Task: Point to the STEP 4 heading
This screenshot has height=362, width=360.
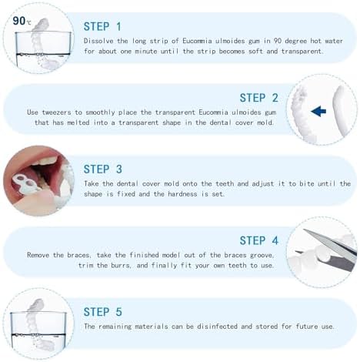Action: coord(264,240)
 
